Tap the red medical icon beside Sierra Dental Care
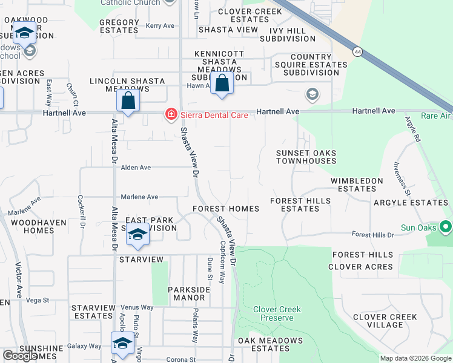coord(171,114)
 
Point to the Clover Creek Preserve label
coord(277,313)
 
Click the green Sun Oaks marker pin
coord(446,227)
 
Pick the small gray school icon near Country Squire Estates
coord(312,94)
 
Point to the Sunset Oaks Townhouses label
coord(306,157)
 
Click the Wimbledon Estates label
coord(357,185)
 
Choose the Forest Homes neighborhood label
coord(226,209)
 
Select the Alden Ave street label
coord(136,168)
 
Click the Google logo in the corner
coord(20,356)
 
